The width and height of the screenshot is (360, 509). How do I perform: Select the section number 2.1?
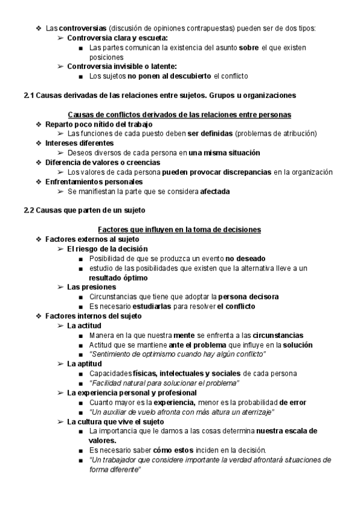click(x=28, y=95)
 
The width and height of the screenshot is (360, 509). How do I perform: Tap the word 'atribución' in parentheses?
click(x=296, y=133)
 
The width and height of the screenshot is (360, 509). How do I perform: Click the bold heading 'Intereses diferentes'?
click(x=79, y=143)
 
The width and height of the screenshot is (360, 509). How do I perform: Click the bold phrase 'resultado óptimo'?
click(x=118, y=277)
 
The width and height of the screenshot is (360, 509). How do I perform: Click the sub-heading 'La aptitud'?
click(x=85, y=363)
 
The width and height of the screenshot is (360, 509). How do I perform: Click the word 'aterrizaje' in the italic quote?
click(x=254, y=411)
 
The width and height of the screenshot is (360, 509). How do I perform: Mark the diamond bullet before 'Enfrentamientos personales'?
click(x=38, y=181)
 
